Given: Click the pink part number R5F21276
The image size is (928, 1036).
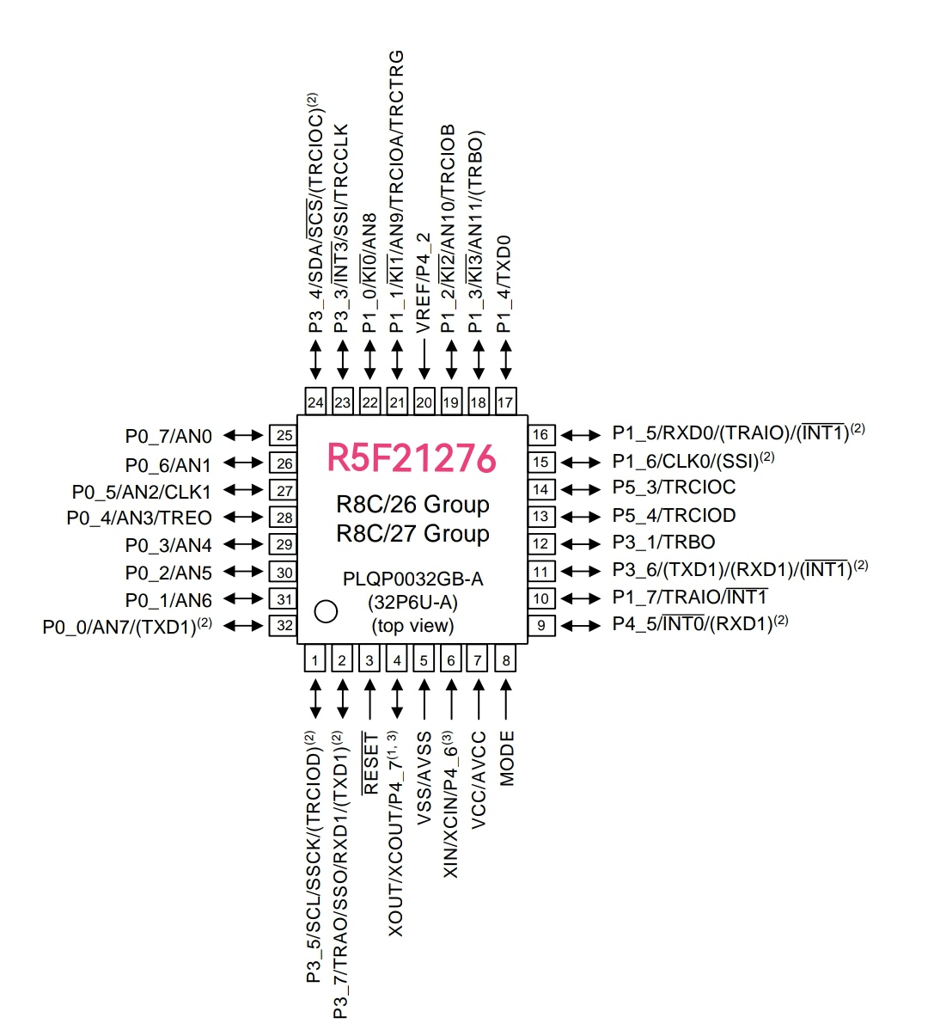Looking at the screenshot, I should coord(412,458).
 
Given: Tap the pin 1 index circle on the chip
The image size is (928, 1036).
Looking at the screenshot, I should coord(326,610).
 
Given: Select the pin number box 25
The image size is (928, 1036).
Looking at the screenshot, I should coord(284,435).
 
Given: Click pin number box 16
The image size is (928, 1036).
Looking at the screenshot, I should coord(540,434).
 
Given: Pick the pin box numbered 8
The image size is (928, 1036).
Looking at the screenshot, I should coord(506,659).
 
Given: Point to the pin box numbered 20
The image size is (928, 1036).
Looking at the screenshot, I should coord(424,402).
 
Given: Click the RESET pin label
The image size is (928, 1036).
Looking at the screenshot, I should coord(370,763).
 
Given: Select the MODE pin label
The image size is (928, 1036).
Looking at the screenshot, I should coord(507,757).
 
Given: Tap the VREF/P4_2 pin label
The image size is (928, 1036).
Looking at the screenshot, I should coord(424,282).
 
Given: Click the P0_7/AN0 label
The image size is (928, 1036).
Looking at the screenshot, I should coord(168,437).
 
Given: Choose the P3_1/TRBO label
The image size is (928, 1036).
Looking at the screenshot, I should coord(663,543).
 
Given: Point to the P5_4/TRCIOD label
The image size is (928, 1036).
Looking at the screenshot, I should coord(674,515).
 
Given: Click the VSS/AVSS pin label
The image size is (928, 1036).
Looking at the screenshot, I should coord(424,779).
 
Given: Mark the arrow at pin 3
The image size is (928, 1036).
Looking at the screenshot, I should coord(369,699).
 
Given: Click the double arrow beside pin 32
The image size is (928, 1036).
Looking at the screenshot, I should coord(245,625).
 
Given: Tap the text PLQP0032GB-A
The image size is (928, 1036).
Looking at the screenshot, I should coord(412,579).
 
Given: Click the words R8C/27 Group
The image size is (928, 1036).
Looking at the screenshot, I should coord(412,534).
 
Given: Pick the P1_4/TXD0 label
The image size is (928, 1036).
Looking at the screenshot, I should coord(504,284).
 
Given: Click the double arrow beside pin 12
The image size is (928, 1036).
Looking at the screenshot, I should coord(582,543).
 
